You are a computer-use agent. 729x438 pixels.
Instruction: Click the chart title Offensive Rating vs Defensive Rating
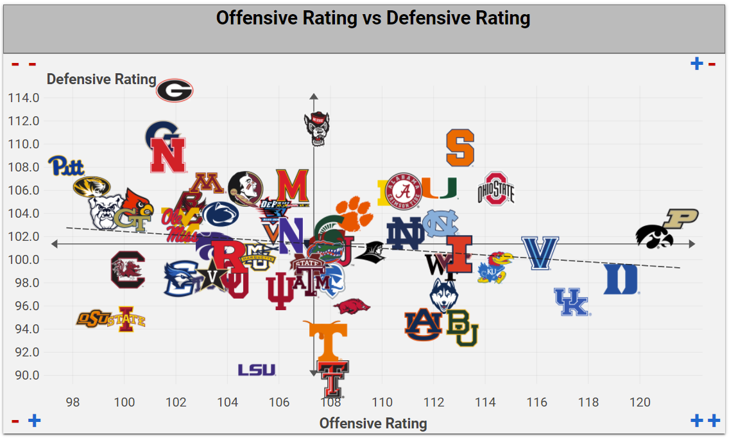click(373, 18)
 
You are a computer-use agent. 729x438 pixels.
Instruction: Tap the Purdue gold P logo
click(680, 218)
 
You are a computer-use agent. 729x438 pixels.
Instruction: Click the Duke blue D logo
click(621, 279)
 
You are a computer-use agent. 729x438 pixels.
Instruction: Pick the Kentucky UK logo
click(571, 302)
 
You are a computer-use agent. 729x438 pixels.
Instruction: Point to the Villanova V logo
click(540, 252)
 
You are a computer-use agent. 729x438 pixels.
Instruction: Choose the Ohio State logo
click(496, 189)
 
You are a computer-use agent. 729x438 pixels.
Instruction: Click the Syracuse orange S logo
click(460, 148)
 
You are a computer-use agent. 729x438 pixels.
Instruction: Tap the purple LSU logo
click(257, 370)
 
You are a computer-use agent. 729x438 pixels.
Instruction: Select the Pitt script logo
click(67, 166)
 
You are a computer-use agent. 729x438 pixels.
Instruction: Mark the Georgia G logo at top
click(175, 91)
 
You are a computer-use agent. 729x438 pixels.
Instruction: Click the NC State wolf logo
click(316, 128)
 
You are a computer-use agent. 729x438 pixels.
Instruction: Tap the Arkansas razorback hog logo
click(352, 306)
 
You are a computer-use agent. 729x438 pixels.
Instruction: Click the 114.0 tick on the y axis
click(24, 98)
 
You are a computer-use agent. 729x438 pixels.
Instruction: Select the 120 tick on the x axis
click(640, 403)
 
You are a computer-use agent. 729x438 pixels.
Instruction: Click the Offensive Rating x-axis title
click(373, 423)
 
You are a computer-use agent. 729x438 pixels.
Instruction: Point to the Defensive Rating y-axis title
click(101, 79)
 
